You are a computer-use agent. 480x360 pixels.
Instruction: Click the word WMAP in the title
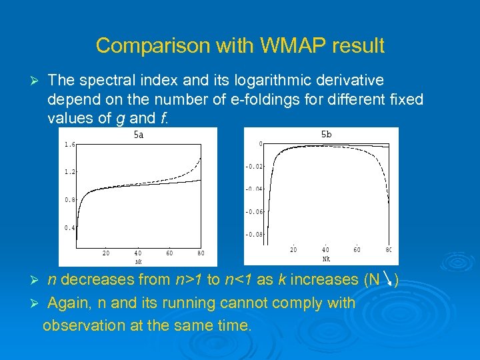[x=283, y=46]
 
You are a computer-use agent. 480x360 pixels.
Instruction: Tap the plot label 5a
[x=139, y=135]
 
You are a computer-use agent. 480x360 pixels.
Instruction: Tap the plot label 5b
[x=326, y=135]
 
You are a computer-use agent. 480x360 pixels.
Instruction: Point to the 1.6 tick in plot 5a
[x=69, y=144]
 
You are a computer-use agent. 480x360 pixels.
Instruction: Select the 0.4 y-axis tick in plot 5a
[x=69, y=228]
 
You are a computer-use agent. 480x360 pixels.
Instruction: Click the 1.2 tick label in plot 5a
[x=69, y=172]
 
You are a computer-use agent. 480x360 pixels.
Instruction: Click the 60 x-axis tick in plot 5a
[x=169, y=253]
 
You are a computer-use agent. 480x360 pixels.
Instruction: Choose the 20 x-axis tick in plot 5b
[x=293, y=250]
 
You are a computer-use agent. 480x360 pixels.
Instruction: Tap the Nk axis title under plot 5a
[x=139, y=261]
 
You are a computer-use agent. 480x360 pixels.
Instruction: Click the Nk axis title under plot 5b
[x=326, y=258]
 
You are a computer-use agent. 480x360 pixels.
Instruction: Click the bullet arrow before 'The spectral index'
[x=37, y=81]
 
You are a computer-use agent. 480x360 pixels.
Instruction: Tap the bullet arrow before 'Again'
[x=37, y=304]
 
